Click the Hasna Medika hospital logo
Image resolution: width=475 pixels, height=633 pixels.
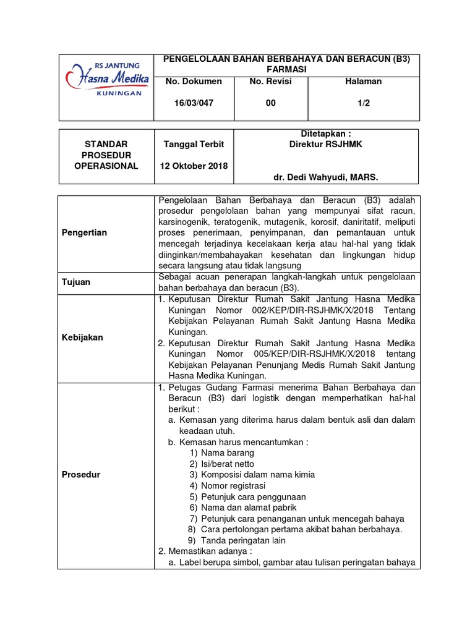[106, 79]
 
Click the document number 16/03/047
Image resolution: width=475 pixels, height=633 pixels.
[194, 103]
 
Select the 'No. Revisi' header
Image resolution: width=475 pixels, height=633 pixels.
[270, 82]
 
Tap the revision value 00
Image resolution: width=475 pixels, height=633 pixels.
[271, 103]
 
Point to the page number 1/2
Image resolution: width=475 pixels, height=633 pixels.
[363, 103]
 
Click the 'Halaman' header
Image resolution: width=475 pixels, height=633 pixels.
[363, 82]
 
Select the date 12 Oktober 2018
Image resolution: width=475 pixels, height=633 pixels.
[194, 166]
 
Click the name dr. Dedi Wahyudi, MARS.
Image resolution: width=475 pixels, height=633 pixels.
[325, 177]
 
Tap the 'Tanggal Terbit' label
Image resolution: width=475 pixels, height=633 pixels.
[194, 144]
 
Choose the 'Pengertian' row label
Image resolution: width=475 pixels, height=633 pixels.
[85, 232]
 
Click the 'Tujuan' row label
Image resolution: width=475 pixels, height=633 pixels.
[76, 282]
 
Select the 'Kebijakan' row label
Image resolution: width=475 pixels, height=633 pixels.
[82, 338]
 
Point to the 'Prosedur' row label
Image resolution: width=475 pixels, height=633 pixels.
[81, 475]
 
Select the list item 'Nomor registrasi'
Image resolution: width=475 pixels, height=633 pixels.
[231, 486]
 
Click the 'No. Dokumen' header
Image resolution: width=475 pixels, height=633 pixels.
[194, 82]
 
